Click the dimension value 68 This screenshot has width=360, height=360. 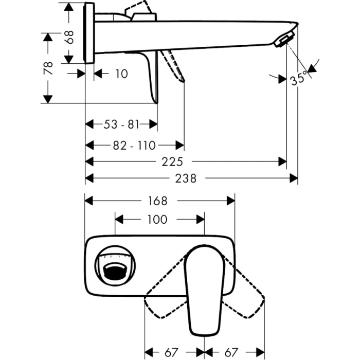point(70,37)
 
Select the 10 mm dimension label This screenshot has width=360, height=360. point(121,74)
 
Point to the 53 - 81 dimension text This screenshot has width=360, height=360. point(121,124)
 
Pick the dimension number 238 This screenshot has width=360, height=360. point(186,178)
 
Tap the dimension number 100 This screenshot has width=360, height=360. point(157,220)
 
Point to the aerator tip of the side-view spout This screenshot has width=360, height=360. point(285,40)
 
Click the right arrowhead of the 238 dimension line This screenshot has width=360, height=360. point(295,178)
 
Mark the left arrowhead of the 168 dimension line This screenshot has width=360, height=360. point(88,201)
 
